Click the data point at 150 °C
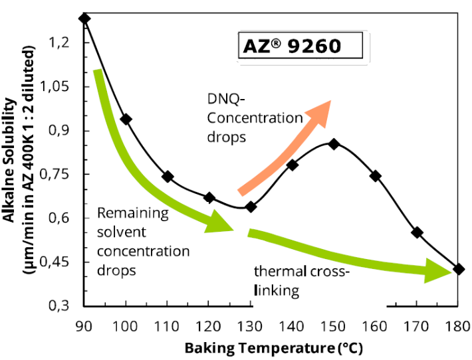(334, 143)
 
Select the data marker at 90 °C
(84, 18)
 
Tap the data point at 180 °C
(458, 269)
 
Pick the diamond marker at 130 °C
(251, 207)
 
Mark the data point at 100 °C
(126, 119)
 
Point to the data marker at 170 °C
(417, 232)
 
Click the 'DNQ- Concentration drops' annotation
(245, 118)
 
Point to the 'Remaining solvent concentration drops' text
(143, 242)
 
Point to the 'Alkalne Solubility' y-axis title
(9, 159)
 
